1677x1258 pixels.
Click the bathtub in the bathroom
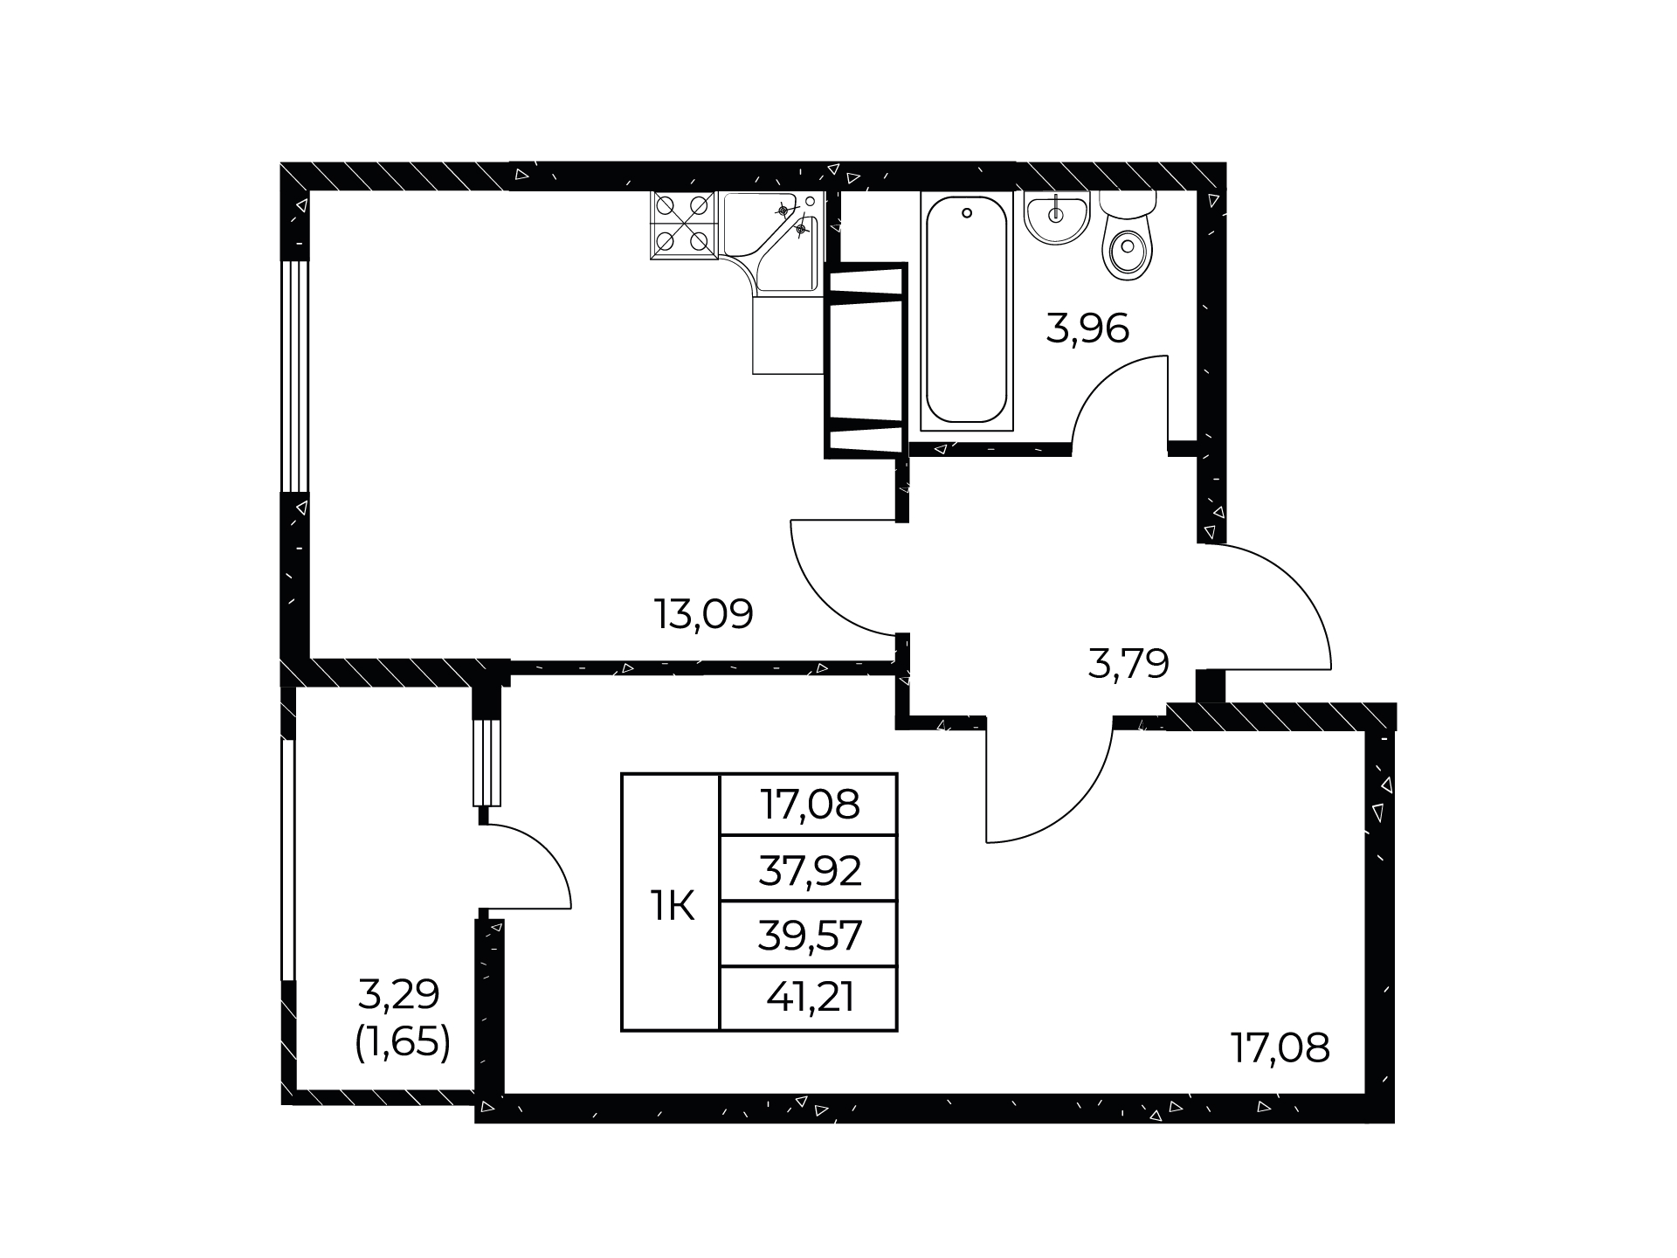(x=967, y=311)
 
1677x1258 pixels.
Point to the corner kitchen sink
(x=774, y=241)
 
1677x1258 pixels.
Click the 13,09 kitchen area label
(x=704, y=614)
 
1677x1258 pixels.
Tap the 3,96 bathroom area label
(x=1087, y=328)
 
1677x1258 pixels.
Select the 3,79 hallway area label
(x=1128, y=664)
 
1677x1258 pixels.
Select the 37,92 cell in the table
(x=809, y=868)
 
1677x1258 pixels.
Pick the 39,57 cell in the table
(x=809, y=935)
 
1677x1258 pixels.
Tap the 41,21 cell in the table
(x=809, y=999)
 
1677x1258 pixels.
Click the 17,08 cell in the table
(x=809, y=805)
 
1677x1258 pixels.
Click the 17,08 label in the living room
(x=1280, y=1047)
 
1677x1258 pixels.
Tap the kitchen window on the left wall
(x=295, y=377)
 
